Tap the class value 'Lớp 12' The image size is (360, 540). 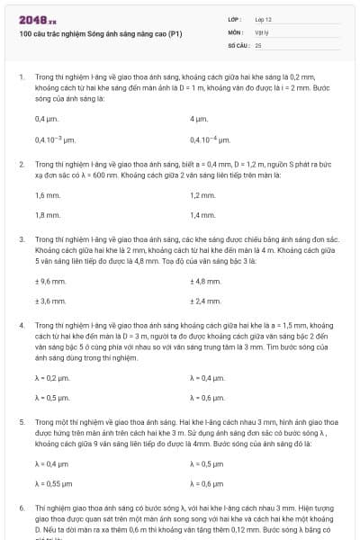pos(263,19)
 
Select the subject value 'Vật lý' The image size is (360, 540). pos(261,31)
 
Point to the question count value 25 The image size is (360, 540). pos(258,43)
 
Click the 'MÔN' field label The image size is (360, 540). pos(236,31)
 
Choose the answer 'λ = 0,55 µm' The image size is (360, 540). pos(53,483)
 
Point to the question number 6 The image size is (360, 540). pos(21,508)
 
